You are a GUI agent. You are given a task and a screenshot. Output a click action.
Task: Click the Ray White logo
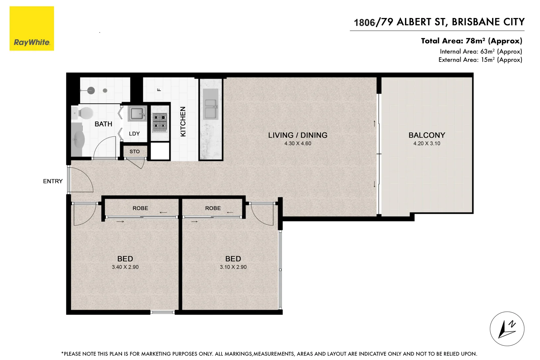click(x=32, y=29)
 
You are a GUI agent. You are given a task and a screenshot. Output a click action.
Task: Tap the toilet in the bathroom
click(x=85, y=113)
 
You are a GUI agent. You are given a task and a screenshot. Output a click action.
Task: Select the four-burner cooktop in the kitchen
click(x=160, y=122)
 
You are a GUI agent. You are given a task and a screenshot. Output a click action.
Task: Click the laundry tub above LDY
click(x=137, y=114)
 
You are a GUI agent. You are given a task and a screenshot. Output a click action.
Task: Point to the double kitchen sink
click(x=210, y=109)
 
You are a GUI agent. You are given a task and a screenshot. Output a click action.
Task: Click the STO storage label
click(x=135, y=152)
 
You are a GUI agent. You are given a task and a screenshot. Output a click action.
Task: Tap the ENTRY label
click(x=53, y=181)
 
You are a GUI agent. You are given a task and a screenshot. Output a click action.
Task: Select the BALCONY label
click(x=427, y=135)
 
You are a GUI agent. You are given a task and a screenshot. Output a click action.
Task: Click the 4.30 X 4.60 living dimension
click(x=298, y=144)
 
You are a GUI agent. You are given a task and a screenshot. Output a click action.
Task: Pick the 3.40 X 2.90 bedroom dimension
click(x=125, y=267)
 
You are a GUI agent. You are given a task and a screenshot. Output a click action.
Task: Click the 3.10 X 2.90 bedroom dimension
click(x=233, y=267)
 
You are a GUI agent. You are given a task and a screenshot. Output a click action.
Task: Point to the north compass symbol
click(x=507, y=329)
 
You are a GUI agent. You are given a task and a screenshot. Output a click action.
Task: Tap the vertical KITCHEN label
click(x=183, y=122)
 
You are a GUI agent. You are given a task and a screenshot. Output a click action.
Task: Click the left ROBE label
click(x=140, y=208)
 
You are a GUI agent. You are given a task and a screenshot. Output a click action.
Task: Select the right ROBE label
click(x=213, y=208)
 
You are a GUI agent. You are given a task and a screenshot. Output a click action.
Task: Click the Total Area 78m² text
click(x=471, y=41)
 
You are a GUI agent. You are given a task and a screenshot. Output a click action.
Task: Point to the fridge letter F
click(x=159, y=90)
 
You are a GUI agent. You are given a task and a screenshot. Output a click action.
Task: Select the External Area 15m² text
click(x=480, y=60)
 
